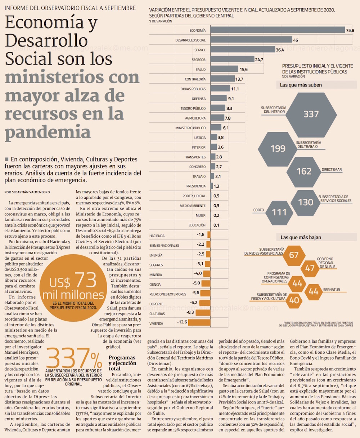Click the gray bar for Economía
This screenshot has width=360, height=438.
point(277,30)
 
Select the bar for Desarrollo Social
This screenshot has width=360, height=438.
point(251,40)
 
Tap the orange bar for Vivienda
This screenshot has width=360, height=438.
point(199,322)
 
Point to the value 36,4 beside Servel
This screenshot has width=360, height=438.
point(280,50)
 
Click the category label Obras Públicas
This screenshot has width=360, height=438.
point(193,89)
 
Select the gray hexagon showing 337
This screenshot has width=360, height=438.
point(311,113)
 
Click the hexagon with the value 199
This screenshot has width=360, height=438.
point(278,148)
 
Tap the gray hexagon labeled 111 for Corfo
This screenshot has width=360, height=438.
point(279,212)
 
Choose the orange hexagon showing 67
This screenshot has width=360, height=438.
point(294,255)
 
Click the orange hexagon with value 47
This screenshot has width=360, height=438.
point(310,268)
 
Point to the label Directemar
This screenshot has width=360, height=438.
point(332,170)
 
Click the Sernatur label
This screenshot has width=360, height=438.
point(331,290)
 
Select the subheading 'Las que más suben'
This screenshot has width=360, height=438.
point(301,85)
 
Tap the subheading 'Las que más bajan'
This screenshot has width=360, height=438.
point(301,237)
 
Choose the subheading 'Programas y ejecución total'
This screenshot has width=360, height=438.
point(122,363)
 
